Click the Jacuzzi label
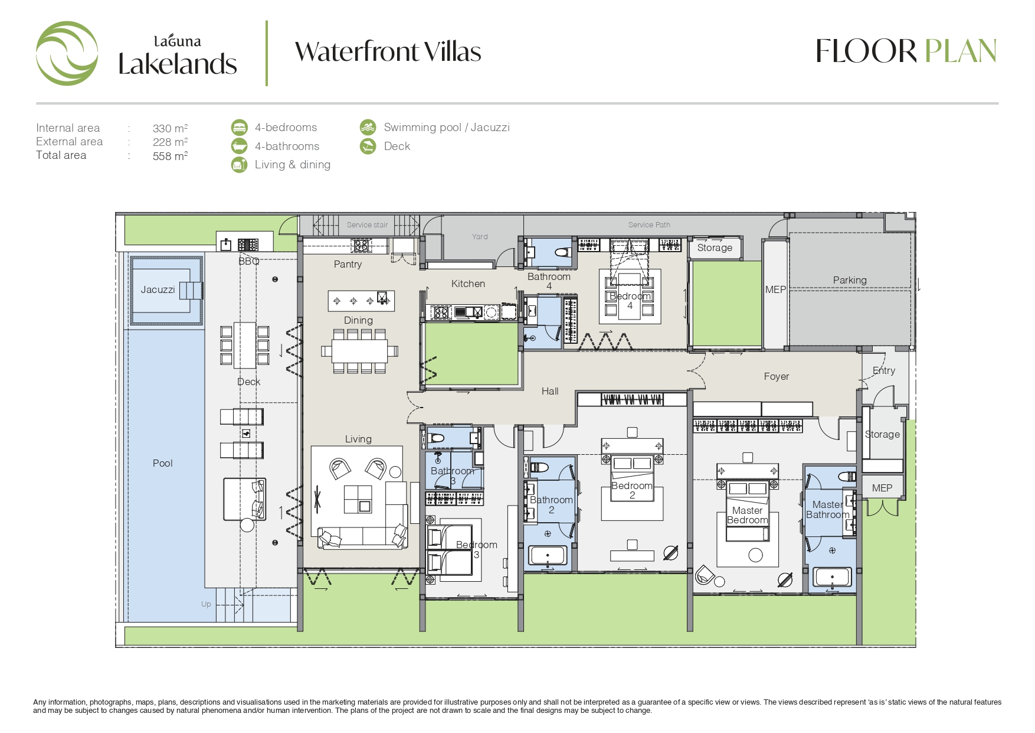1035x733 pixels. [158, 289]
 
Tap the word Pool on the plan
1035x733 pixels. [162, 463]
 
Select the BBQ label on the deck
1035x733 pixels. [248, 261]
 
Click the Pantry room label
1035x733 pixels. [348, 264]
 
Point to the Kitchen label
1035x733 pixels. [468, 284]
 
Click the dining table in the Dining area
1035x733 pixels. [359, 351]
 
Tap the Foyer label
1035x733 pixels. [776, 376]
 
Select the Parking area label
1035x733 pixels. [850, 280]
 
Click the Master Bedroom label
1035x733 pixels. [748, 515]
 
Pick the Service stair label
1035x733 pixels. [367, 225]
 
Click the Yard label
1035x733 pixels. [480, 237]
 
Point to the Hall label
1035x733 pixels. [550, 391]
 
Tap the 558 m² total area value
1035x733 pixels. [170, 156]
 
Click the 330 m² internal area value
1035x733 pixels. [170, 128]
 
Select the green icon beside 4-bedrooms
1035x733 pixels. [239, 128]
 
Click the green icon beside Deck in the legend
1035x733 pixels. [368, 146]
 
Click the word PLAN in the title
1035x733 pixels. [960, 51]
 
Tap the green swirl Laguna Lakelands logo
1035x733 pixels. [67, 53]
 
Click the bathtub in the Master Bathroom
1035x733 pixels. [832, 576]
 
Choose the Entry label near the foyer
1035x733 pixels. [884, 370]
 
